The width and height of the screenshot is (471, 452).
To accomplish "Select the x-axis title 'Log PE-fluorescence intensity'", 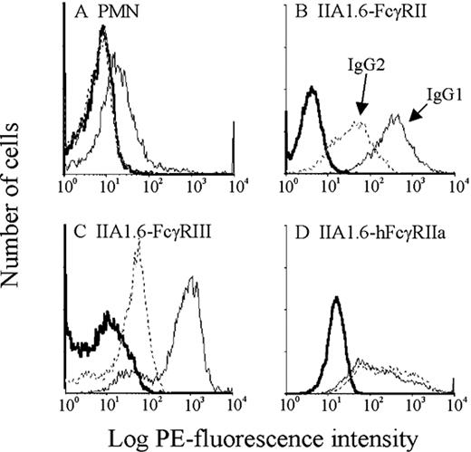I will (x=245, y=438).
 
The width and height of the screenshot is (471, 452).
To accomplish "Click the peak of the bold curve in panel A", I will (x=104, y=27).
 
